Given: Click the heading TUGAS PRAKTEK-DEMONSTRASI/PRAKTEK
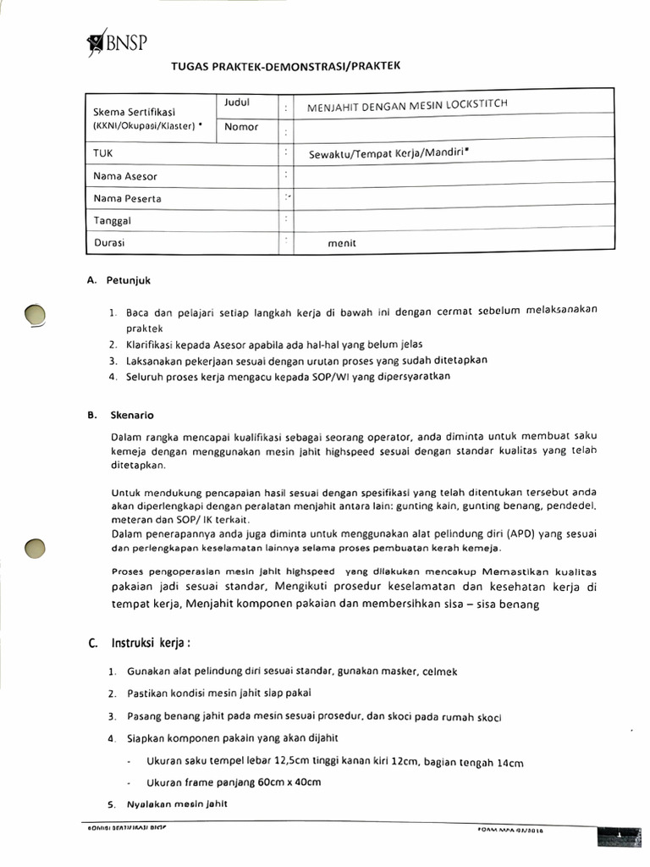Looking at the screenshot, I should [x=285, y=65].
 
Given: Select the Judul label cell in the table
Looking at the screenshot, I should [x=237, y=103].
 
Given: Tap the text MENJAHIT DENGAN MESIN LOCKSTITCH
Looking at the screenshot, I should [x=407, y=105].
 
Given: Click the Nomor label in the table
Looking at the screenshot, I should [x=241, y=127].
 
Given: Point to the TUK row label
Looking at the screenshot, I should [x=102, y=153].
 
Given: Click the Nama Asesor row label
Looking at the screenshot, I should [x=125, y=176].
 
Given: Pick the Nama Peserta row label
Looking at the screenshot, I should [x=127, y=199].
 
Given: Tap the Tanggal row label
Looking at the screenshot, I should [x=112, y=220].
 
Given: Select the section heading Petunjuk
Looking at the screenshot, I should [x=128, y=280].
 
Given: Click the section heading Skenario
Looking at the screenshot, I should [x=131, y=415].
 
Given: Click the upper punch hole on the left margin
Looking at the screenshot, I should [x=35, y=315].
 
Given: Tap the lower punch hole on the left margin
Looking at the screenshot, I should [x=35, y=548].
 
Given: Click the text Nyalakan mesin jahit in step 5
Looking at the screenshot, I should [x=177, y=803].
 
